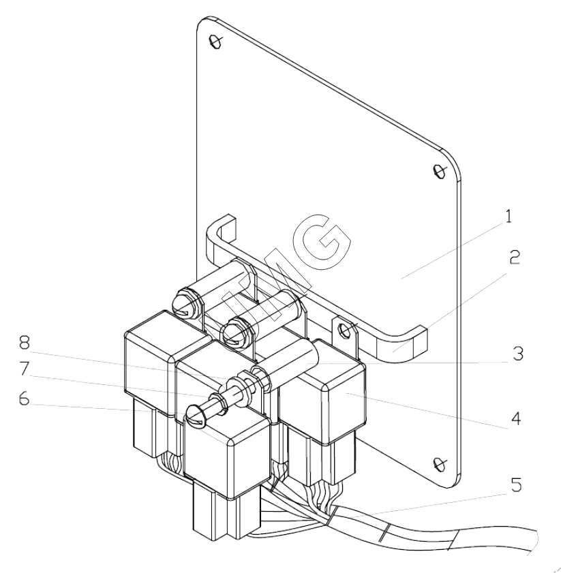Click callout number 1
point(509,217)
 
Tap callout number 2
point(514,258)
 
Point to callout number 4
point(515,418)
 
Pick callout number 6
point(24,399)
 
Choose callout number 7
point(24,369)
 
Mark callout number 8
point(24,342)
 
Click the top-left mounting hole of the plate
point(215,42)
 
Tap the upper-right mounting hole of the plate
point(439,170)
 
